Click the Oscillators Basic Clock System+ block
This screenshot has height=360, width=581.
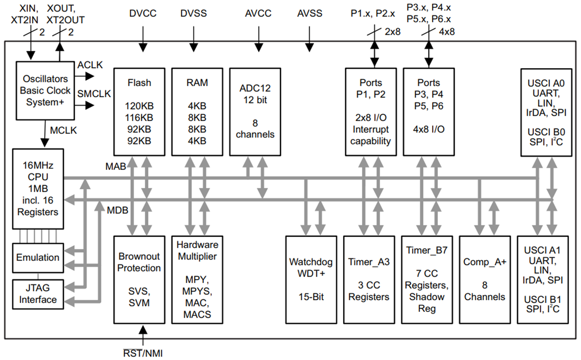click(x=45, y=90)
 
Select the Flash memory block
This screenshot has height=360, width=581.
click(x=139, y=112)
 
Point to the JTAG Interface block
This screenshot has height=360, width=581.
click(x=38, y=294)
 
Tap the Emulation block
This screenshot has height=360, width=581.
click(x=38, y=257)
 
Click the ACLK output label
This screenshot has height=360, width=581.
click(x=90, y=65)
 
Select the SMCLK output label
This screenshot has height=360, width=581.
click(x=94, y=94)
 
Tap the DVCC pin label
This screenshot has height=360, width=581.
click(x=143, y=13)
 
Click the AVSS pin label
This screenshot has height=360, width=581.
click(x=310, y=13)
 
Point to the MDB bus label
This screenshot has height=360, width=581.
click(x=117, y=210)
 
